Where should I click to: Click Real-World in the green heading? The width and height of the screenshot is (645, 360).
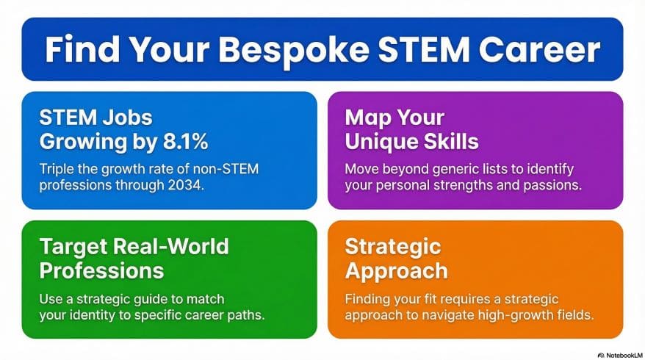[x=177, y=247]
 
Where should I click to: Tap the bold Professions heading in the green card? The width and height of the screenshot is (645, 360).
[x=101, y=270]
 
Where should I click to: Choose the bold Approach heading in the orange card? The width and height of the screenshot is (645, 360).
[x=396, y=270]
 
